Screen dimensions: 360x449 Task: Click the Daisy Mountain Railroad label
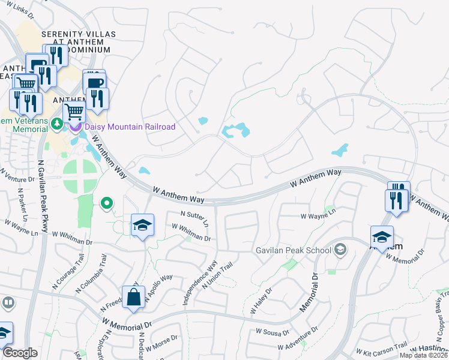click(130, 127)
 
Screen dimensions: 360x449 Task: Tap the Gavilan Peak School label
click(294, 250)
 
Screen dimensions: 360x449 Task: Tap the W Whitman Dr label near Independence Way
click(191, 233)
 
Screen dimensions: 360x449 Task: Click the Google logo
click(20, 353)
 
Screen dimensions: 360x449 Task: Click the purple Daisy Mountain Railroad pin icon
click(76, 127)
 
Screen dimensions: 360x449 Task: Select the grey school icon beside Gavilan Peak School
click(340, 250)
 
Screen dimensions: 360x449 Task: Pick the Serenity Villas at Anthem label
click(76, 42)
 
